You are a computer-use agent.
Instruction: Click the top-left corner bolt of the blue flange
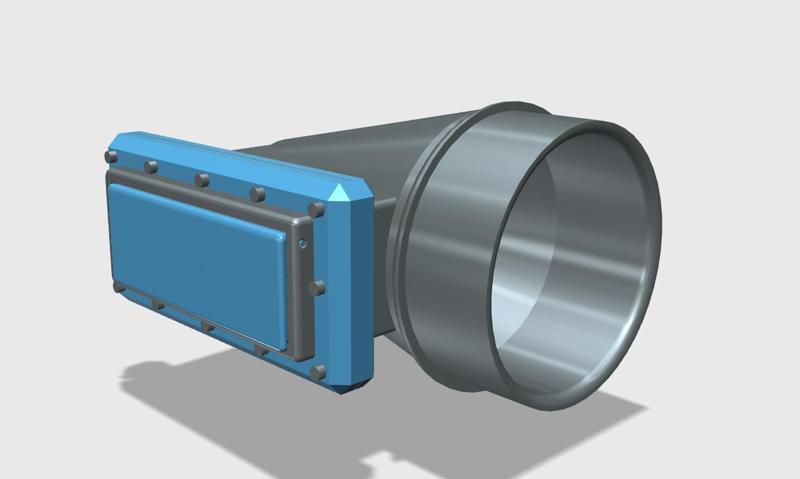pyautogui.click(x=112, y=157)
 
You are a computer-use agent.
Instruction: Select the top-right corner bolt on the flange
pyautogui.click(x=317, y=210)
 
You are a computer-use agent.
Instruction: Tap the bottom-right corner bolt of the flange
pyautogui.click(x=319, y=372)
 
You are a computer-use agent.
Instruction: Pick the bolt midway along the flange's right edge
pyautogui.click(x=318, y=288)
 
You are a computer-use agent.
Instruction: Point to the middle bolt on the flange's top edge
pyautogui.click(x=202, y=180)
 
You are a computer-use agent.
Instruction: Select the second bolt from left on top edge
pyautogui.click(x=151, y=166)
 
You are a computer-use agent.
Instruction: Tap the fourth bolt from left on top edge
pyautogui.click(x=258, y=194)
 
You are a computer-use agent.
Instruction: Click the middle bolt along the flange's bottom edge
pyautogui.click(x=208, y=327)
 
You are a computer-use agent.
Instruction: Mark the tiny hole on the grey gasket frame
pyautogui.click(x=302, y=243)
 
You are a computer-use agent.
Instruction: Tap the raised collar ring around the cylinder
pyautogui.click(x=420, y=250)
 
